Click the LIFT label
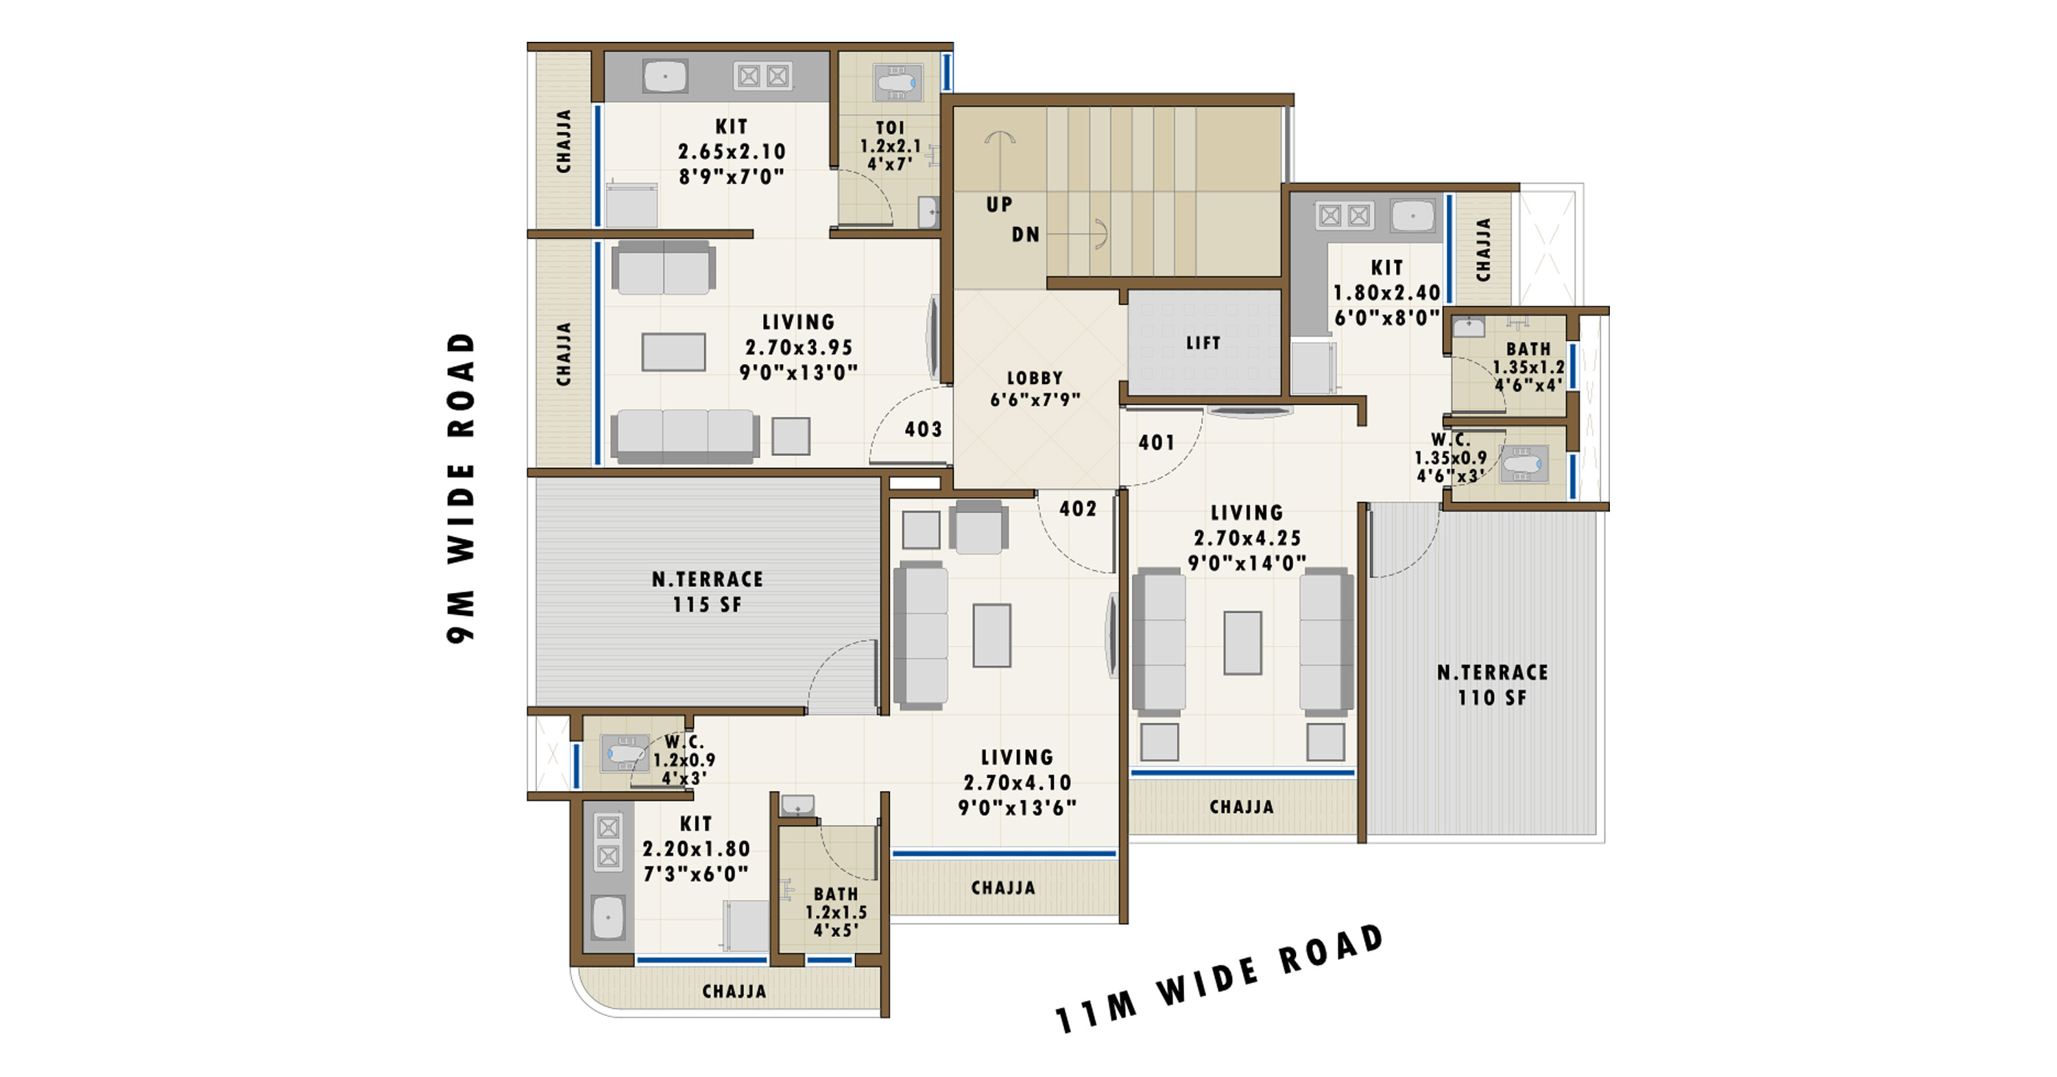[x=1203, y=343]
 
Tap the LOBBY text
[x=1035, y=378]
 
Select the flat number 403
[x=923, y=430]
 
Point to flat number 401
[x=1156, y=442]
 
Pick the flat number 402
[x=1078, y=509]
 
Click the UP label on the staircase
[x=999, y=204]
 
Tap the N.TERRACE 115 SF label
[x=708, y=592]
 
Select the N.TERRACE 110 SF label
[x=1493, y=685]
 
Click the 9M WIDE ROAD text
[x=461, y=487]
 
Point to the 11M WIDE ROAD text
[x=1218, y=980]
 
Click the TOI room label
[x=891, y=128]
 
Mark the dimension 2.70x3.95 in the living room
[x=799, y=348]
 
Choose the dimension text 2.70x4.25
[x=1247, y=538]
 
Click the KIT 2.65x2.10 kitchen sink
[x=664, y=77]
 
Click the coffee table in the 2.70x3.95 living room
[x=673, y=352]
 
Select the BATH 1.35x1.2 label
[x=1528, y=367]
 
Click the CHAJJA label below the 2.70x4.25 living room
[x=1242, y=807]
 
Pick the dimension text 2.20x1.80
[x=697, y=849]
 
